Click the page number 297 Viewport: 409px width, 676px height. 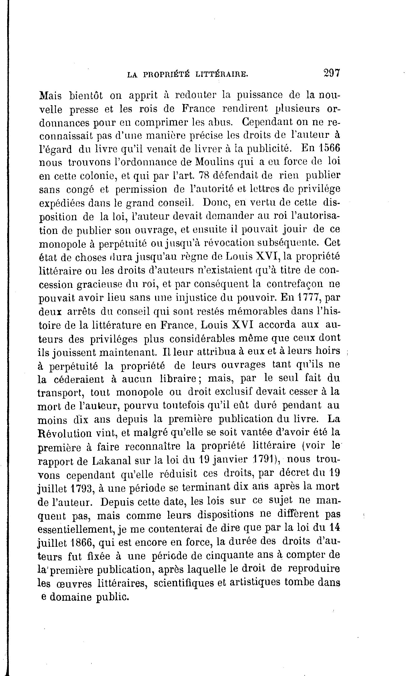tap(332, 73)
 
